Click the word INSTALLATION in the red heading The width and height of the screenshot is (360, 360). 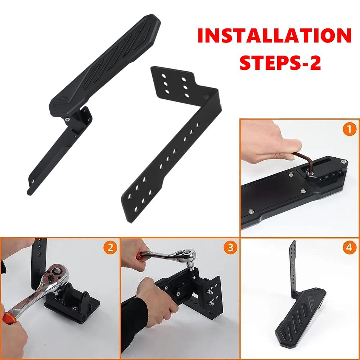[274, 37]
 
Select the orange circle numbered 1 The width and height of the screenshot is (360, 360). [350, 129]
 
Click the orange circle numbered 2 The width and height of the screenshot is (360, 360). [110, 247]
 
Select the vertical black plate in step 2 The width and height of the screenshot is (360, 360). [40, 263]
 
